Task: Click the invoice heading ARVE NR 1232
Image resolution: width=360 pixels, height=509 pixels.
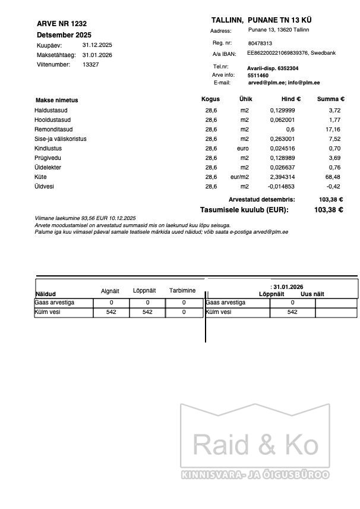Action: (x=62, y=24)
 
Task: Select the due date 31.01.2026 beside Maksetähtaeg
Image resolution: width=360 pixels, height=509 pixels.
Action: (x=97, y=55)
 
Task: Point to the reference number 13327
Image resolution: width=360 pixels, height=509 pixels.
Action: (x=91, y=64)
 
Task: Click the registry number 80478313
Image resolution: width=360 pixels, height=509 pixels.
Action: (x=260, y=43)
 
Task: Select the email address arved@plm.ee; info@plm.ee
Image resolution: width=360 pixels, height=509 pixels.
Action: (x=283, y=83)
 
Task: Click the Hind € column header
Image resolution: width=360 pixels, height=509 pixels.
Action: (x=290, y=99)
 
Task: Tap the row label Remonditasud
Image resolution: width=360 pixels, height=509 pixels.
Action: (x=53, y=130)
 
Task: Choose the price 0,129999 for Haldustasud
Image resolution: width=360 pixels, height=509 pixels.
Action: (x=282, y=111)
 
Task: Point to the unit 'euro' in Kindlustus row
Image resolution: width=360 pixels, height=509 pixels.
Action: (x=242, y=149)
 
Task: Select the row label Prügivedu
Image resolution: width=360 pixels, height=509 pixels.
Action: (x=48, y=158)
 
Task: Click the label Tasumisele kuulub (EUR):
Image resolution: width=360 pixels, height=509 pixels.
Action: (x=244, y=210)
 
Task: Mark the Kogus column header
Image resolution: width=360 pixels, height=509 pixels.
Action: (x=210, y=99)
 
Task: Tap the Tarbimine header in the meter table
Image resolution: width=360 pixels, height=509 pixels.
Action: (x=182, y=291)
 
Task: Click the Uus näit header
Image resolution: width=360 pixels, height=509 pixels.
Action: (x=312, y=294)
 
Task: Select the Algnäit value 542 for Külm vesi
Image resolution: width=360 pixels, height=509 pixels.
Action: (x=111, y=312)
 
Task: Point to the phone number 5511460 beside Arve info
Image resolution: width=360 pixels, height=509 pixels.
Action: (x=258, y=76)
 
